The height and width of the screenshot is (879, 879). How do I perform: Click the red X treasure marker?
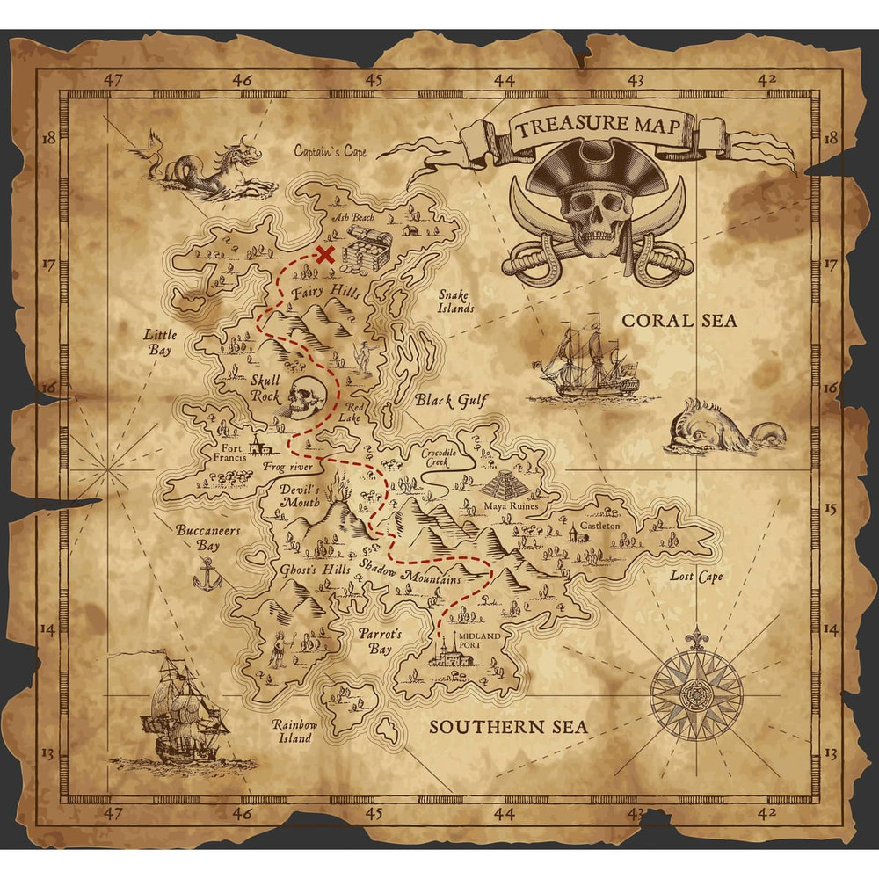point(325,256)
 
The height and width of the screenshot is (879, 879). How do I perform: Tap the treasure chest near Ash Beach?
point(366,251)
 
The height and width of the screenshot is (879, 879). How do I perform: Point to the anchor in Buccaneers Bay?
point(207,576)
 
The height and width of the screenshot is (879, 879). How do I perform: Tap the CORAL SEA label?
point(679,321)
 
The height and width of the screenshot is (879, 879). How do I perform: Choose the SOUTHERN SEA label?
point(508,727)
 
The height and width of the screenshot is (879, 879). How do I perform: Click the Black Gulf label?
point(450,401)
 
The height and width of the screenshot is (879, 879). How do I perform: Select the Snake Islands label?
point(455,301)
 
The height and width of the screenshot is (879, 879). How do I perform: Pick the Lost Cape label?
point(696,577)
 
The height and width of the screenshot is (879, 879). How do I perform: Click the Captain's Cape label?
point(331,152)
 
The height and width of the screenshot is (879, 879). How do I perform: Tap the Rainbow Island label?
point(291,731)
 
